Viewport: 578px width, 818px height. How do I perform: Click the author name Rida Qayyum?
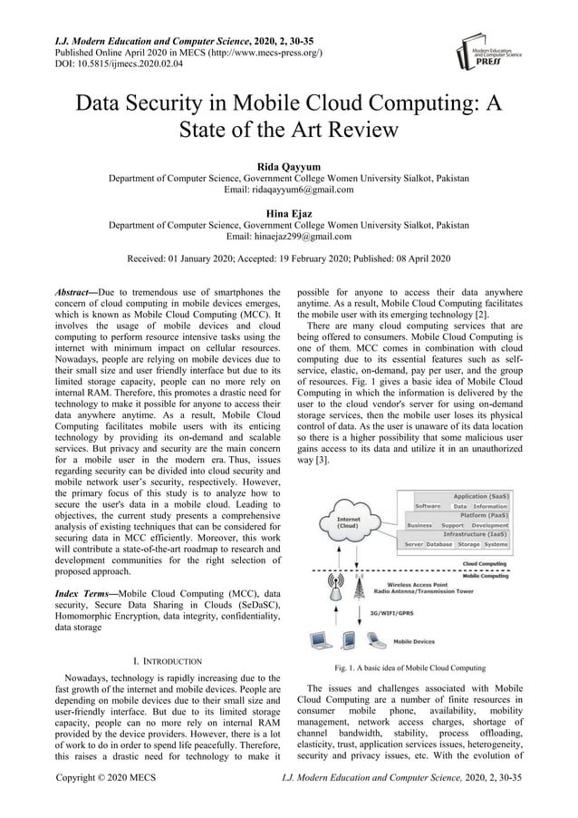tap(288, 166)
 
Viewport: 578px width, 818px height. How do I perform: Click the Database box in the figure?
tap(439, 545)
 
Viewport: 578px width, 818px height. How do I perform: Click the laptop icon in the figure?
tap(320, 640)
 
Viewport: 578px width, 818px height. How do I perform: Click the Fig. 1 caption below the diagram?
tap(410, 667)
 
